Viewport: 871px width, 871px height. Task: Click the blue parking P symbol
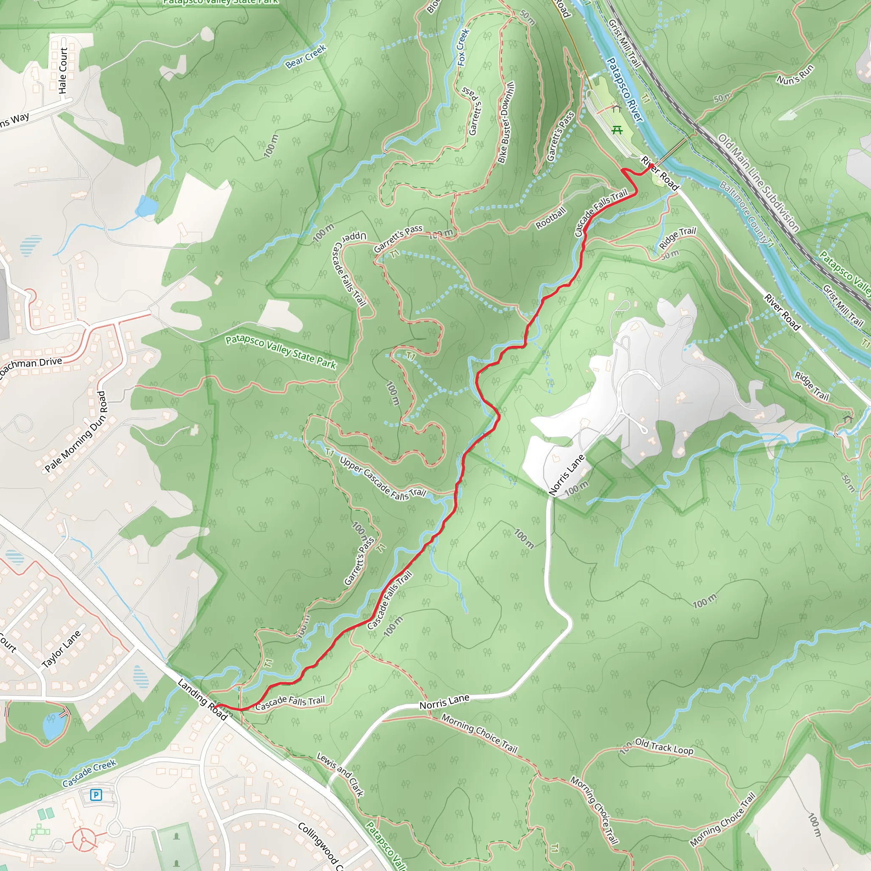click(96, 795)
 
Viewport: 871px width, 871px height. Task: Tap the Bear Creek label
click(306, 57)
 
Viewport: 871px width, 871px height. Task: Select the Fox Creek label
click(463, 47)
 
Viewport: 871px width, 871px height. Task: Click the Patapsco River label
click(625, 89)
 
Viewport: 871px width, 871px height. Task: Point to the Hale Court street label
click(63, 70)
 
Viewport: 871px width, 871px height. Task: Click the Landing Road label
click(202, 699)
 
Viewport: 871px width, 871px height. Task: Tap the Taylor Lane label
click(61, 649)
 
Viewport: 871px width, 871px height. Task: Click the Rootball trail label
click(550, 218)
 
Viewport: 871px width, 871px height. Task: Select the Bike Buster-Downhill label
click(506, 122)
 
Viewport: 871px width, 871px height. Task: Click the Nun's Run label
click(795, 74)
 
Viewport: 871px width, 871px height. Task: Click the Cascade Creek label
click(89, 773)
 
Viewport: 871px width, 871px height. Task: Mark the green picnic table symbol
click(617, 130)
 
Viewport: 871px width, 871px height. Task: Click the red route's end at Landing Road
click(218, 705)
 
